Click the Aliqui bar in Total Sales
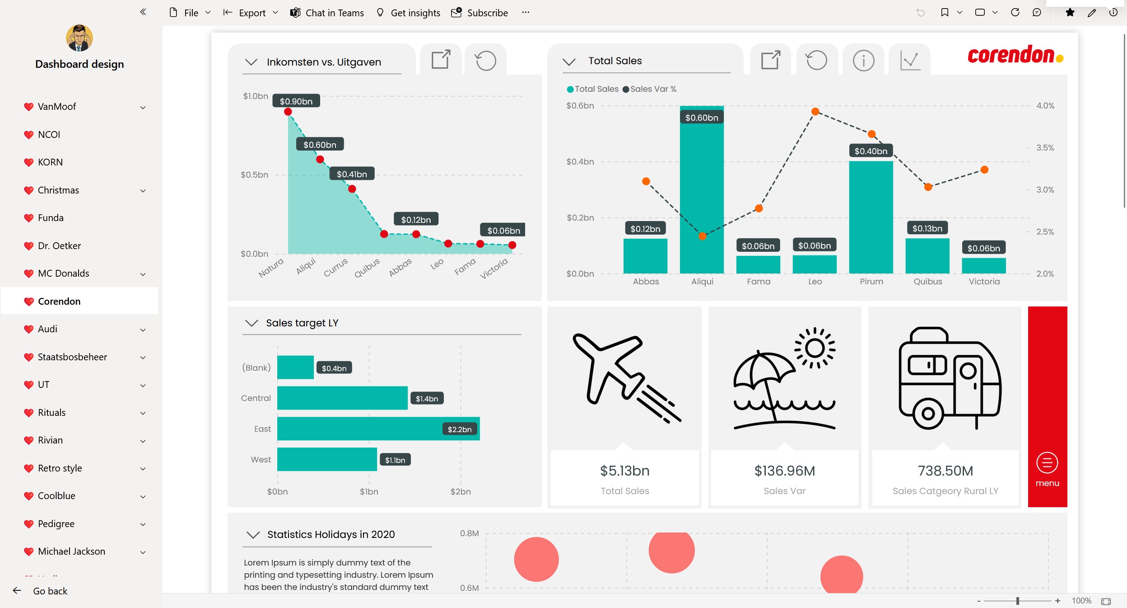pyautogui.click(x=702, y=190)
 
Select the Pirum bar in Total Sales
pyautogui.click(x=871, y=217)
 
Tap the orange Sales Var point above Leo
pyautogui.click(x=815, y=111)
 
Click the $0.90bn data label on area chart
pyautogui.click(x=296, y=101)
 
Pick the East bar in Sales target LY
pyautogui.click(x=378, y=429)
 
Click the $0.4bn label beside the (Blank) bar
pyautogui.click(x=334, y=368)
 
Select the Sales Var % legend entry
pyautogui.click(x=650, y=89)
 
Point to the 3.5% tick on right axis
pyautogui.click(x=1045, y=148)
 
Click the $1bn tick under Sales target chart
pyautogui.click(x=369, y=491)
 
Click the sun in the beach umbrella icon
pyautogui.click(x=815, y=348)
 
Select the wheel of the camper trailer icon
pyautogui.click(x=928, y=414)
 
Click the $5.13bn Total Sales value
pyautogui.click(x=625, y=471)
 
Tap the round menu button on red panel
pyautogui.click(x=1047, y=463)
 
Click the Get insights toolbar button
pyautogui.click(x=408, y=13)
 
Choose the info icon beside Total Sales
pyautogui.click(x=863, y=60)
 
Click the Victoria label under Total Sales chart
pyautogui.click(x=984, y=281)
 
